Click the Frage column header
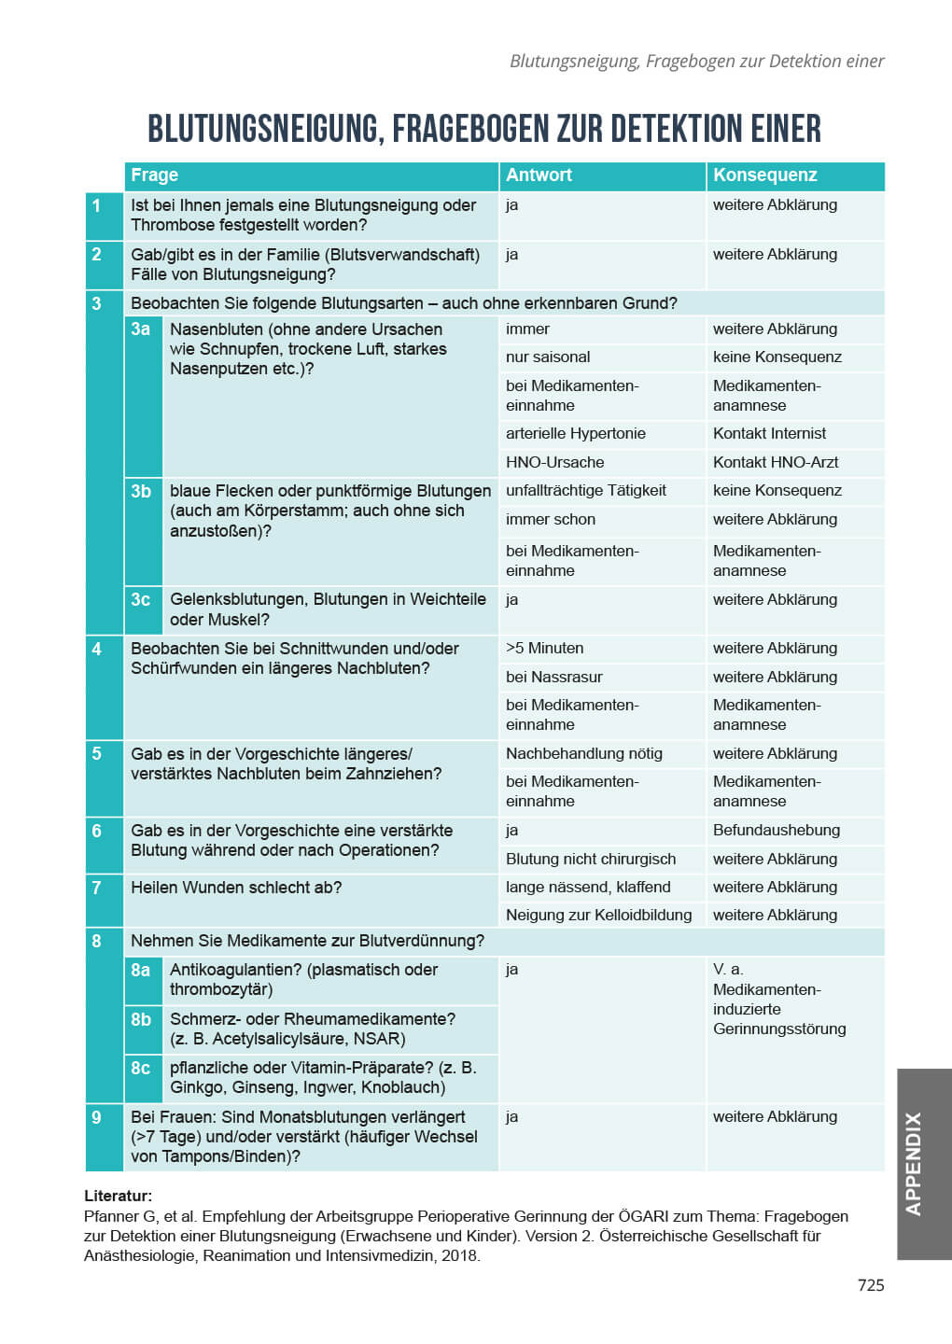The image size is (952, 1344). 155,175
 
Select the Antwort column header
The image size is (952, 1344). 539,175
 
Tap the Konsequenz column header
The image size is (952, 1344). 764,175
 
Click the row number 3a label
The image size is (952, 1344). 141,329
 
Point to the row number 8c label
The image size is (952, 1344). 141,1068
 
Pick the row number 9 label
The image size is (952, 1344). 97,1117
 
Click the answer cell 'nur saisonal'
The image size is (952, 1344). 548,357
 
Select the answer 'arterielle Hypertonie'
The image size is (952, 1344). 575,434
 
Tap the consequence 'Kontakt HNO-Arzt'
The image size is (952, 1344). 775,463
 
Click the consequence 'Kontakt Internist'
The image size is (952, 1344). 769,434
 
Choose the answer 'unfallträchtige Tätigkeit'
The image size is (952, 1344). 585,491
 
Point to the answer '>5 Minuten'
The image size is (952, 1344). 544,649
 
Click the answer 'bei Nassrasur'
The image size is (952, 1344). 553,678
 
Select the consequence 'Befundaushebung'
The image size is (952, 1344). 776,831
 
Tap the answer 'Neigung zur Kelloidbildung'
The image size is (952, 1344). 598,916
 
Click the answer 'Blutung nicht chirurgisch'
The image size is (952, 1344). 590,860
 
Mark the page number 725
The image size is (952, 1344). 870,1285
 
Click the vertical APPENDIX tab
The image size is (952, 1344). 914,1163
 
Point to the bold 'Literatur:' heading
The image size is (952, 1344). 118,1196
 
